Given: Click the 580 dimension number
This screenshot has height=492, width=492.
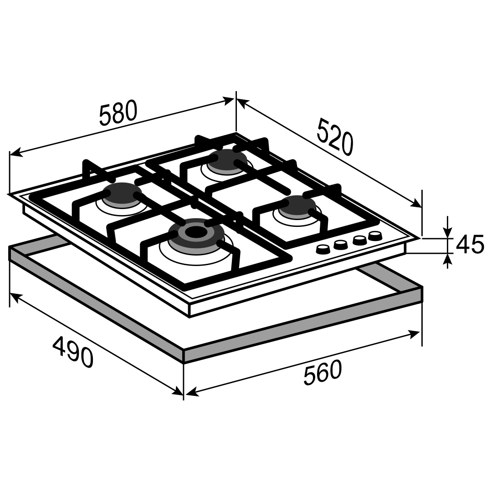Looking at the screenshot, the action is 118,113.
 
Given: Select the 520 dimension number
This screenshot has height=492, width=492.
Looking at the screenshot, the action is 335,137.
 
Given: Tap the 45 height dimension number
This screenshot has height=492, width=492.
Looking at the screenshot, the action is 470,245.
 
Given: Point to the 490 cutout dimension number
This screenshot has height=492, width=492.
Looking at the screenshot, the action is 73,351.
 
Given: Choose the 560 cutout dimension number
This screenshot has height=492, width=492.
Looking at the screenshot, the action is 323,373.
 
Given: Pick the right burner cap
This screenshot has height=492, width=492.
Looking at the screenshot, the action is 297,207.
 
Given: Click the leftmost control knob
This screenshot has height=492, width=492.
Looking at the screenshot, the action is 323,250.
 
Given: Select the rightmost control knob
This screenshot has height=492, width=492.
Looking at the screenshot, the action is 375,236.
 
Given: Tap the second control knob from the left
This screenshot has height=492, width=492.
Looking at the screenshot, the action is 341,245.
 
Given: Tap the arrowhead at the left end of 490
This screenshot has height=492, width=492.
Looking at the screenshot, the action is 15,297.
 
